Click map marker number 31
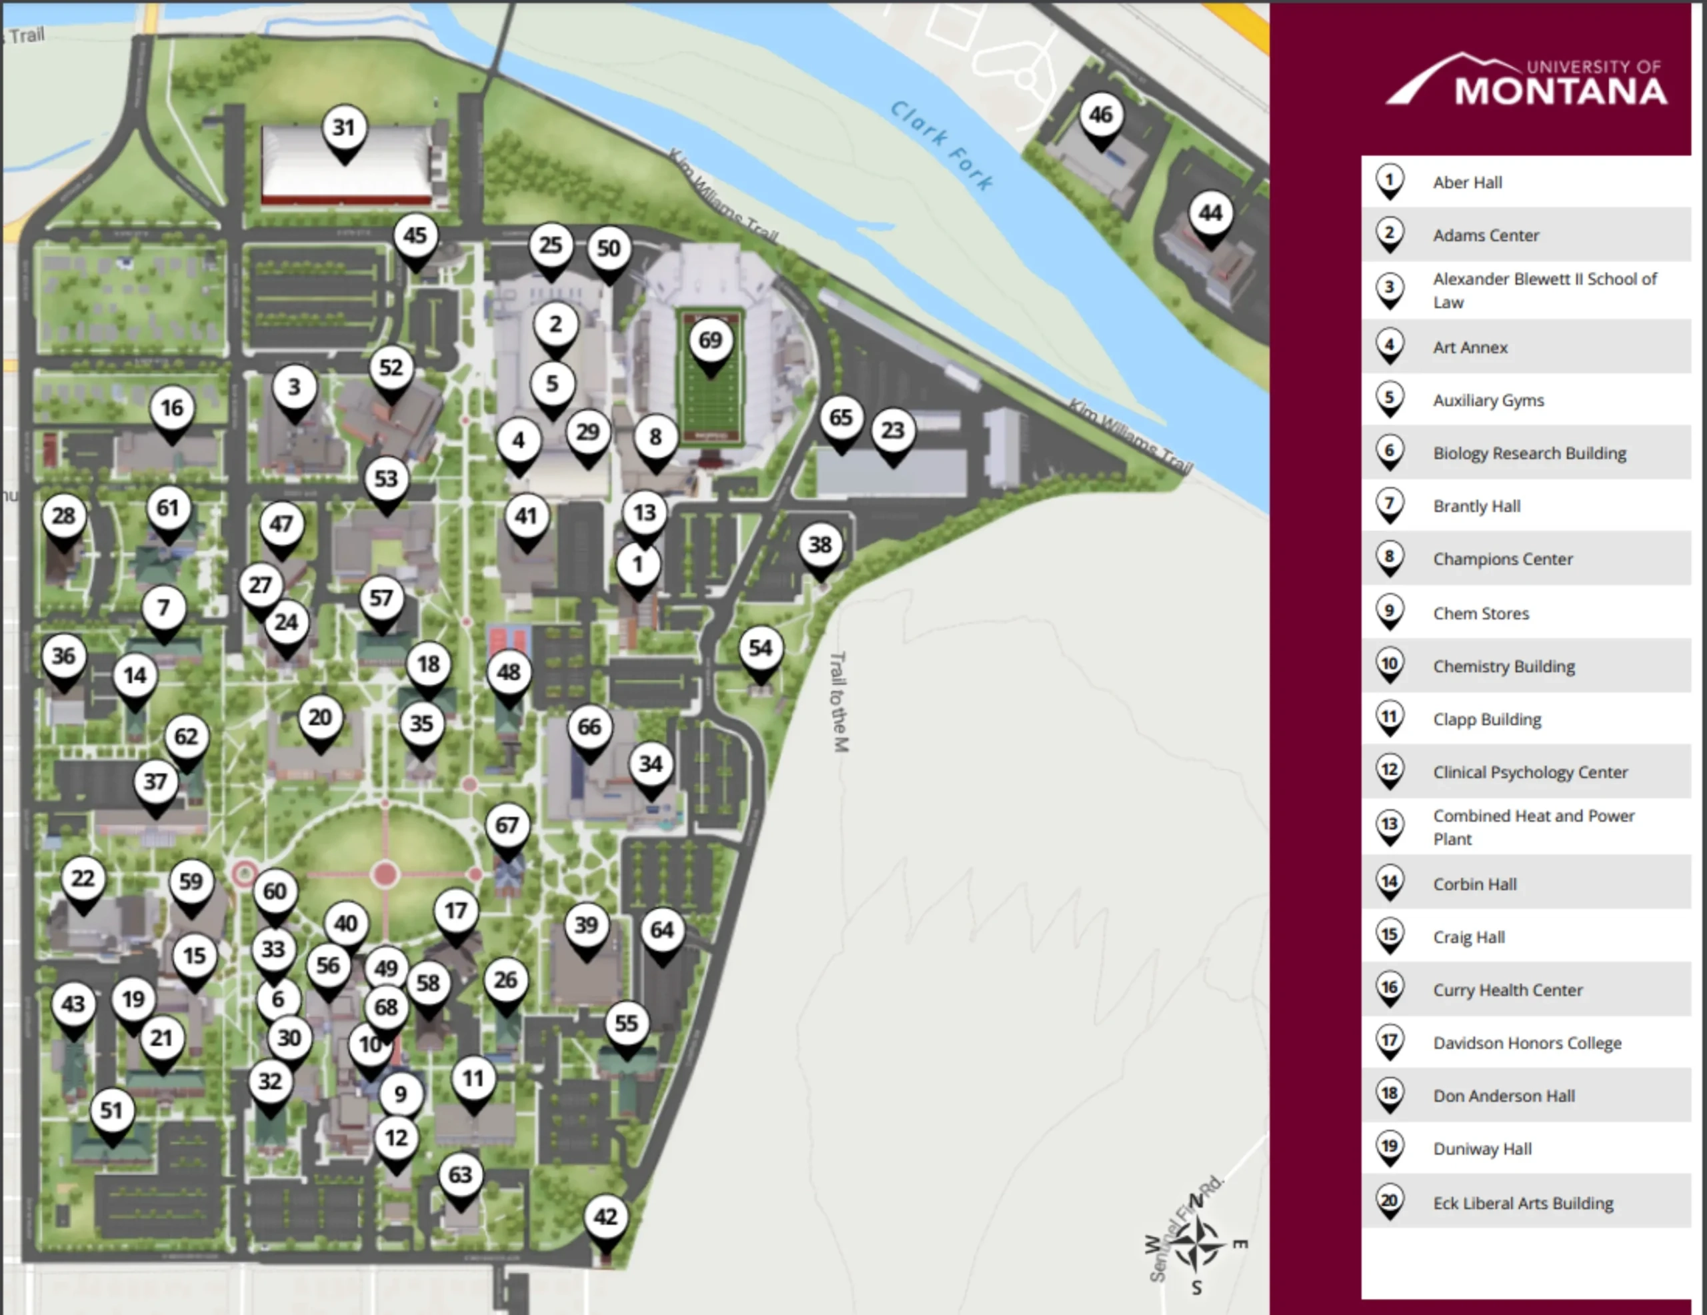[x=344, y=128]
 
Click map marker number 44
[x=1211, y=213]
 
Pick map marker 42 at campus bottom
[x=605, y=1217]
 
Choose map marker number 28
[x=64, y=517]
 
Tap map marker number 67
[x=507, y=826]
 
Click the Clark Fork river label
[x=942, y=145]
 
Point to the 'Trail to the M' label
[x=839, y=702]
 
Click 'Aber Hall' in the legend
[x=1467, y=183]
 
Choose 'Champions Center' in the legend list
[x=1502, y=559]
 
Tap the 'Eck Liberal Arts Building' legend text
[x=1522, y=1203]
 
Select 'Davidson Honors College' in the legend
[x=1526, y=1043]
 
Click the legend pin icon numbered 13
[x=1390, y=826]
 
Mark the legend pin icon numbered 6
[x=1390, y=452]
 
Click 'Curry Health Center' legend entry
[x=1508, y=990]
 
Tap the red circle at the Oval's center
[x=385, y=874]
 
